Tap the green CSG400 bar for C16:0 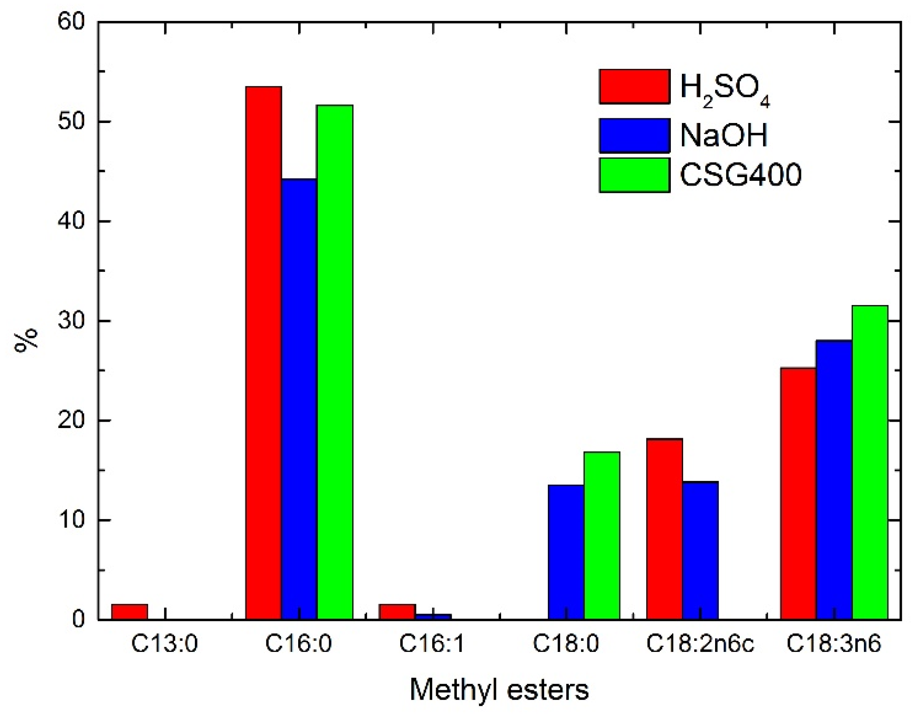pos(335,362)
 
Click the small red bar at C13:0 pos(129,611)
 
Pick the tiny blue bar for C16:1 pos(433,617)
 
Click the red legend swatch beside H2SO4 pos(634,86)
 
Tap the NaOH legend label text pos(724,135)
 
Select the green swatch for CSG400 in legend pos(634,175)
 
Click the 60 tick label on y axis pos(71,22)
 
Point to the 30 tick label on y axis pos(71,321)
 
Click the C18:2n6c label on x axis pos(700,644)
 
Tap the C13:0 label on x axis pos(165,644)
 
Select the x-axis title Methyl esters pos(499,690)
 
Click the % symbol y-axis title pos(26,340)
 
